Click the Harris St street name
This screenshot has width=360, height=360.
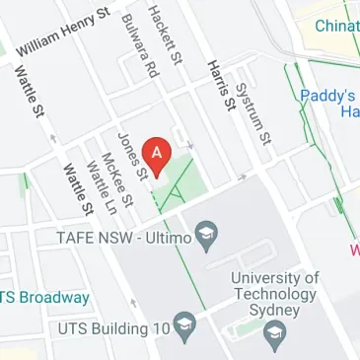tap(220, 83)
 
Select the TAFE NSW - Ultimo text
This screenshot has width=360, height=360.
tap(137, 237)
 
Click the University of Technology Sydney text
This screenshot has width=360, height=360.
tap(275, 294)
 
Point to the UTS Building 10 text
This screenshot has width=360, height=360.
tap(113, 325)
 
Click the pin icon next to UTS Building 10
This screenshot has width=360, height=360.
tap(184, 324)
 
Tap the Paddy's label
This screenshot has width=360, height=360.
tap(328, 97)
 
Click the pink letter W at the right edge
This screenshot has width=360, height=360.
tap(354, 251)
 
